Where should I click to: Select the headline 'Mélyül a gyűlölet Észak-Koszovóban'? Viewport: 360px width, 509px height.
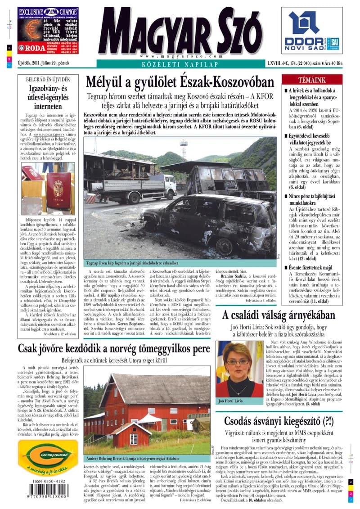coord(180,82)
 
